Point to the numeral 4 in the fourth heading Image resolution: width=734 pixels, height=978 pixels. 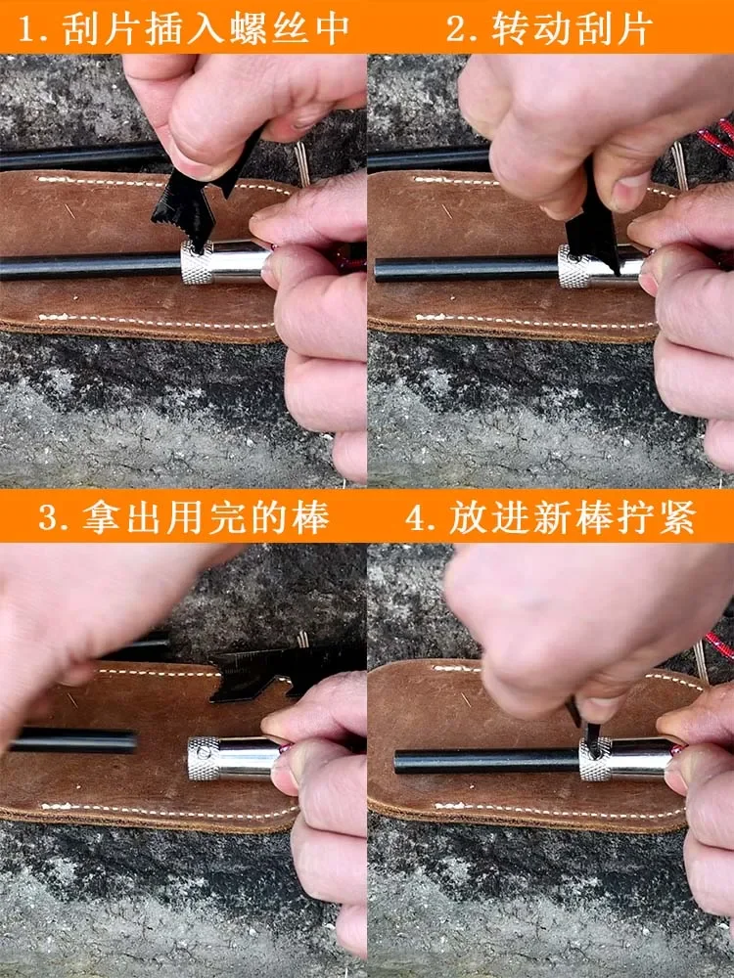[417, 516]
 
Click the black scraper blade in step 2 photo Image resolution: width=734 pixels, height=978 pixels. [593, 230]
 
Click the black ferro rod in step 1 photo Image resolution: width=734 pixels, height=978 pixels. [88, 266]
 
